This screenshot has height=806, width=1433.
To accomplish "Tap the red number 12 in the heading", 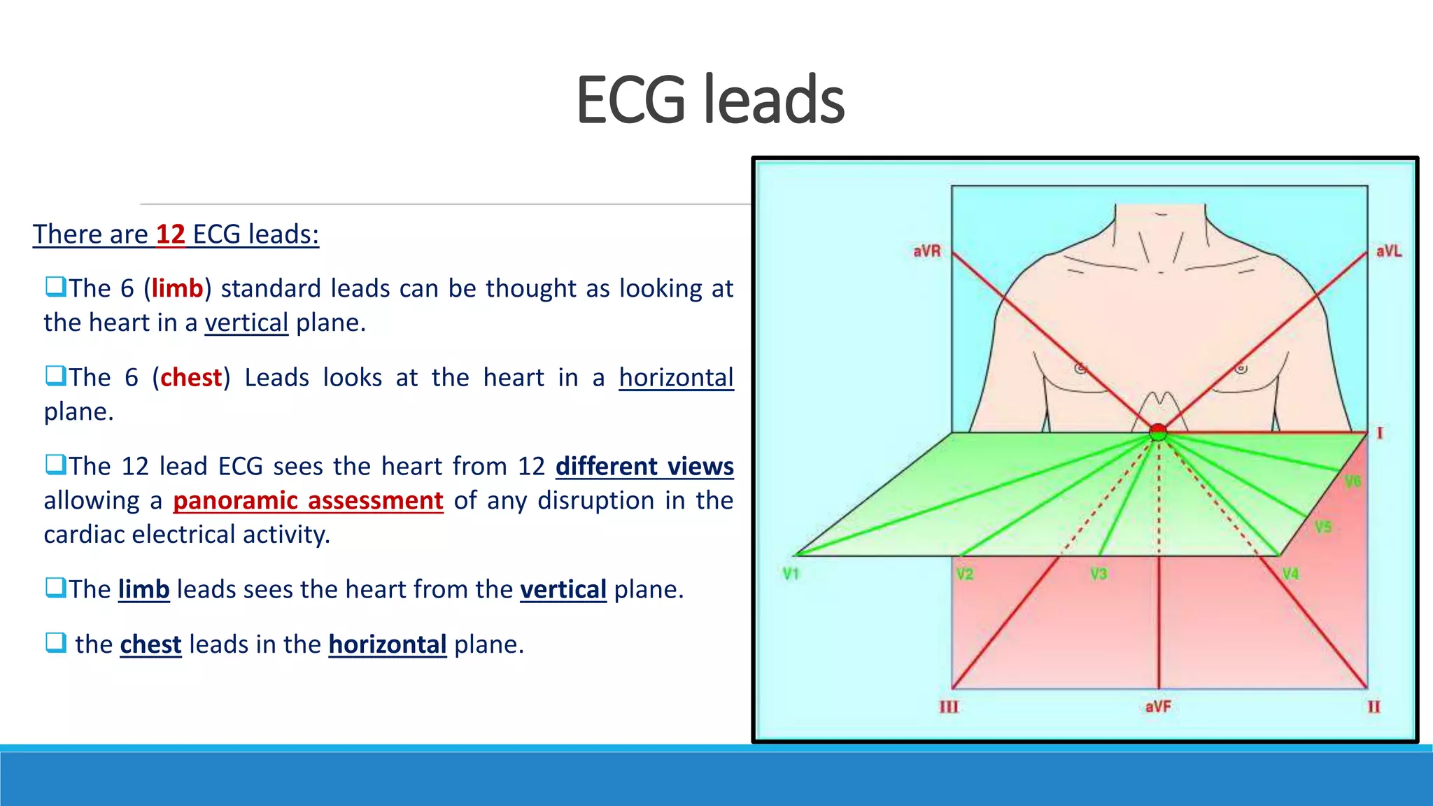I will pyautogui.click(x=170, y=234).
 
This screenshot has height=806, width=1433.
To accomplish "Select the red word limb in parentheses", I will pyautogui.click(x=177, y=288).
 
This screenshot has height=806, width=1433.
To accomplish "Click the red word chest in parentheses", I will pyautogui.click(x=191, y=378).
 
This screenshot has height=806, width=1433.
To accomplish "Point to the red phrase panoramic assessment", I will pyautogui.click(x=308, y=500).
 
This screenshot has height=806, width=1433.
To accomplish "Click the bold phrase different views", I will pyautogui.click(x=644, y=467).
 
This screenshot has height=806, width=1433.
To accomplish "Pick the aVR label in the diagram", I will pyautogui.click(x=926, y=251).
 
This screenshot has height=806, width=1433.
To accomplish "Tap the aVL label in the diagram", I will pyautogui.click(x=1388, y=251).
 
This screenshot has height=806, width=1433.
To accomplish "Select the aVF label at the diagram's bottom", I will pyautogui.click(x=1158, y=707).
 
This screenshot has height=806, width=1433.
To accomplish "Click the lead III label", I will pyautogui.click(x=949, y=707).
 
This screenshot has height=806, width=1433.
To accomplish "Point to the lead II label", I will pyautogui.click(x=1374, y=707).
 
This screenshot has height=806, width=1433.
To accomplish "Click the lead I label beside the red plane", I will pyautogui.click(x=1380, y=433).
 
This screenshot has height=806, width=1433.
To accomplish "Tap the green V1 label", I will pyautogui.click(x=791, y=574).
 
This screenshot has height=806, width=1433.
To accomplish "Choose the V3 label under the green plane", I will pyautogui.click(x=1099, y=574).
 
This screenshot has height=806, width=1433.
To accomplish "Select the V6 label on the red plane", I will pyautogui.click(x=1352, y=481).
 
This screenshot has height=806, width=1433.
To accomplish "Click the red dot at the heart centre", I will pyautogui.click(x=1158, y=432).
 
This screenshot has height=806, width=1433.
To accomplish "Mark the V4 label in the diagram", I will pyautogui.click(x=1290, y=574).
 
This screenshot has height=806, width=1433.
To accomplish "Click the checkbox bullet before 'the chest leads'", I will pyautogui.click(x=55, y=642).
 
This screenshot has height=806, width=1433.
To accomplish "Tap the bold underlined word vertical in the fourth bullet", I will pyautogui.click(x=563, y=590).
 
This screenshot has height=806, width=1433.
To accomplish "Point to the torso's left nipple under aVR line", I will pyautogui.click(x=1080, y=368).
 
